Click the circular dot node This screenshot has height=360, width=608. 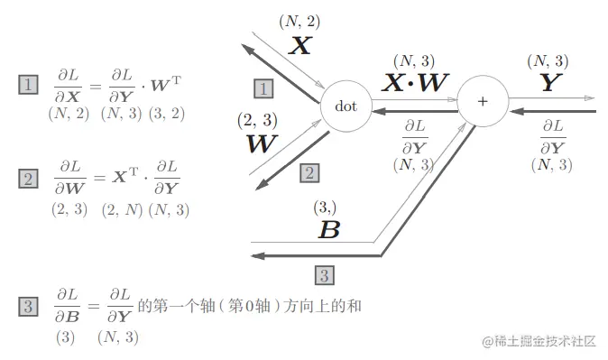[345, 106]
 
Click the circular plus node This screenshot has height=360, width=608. [482, 101]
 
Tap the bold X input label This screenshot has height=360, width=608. [299, 46]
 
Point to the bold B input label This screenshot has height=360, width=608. [328, 229]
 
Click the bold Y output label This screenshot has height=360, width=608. [548, 84]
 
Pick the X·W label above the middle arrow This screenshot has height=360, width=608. [415, 84]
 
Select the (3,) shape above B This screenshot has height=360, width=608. [326, 208]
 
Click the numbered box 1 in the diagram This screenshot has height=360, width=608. [263, 88]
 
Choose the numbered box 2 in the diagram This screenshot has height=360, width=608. [308, 172]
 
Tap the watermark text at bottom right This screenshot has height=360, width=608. [539, 341]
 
